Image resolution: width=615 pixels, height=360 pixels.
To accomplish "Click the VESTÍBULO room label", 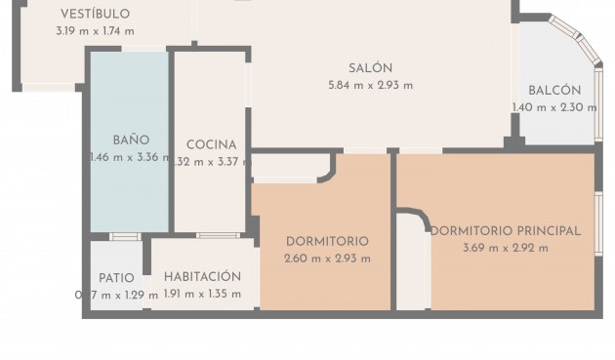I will [x=94, y=14].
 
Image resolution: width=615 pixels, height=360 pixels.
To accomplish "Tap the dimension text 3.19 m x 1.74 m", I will [x=94, y=31].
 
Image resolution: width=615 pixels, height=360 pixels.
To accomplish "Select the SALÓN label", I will [x=370, y=67].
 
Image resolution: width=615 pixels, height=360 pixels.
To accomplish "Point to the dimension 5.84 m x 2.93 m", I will [x=370, y=85].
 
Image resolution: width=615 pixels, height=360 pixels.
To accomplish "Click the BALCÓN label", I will [x=554, y=90].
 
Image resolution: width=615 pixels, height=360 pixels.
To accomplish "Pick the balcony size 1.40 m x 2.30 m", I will [x=554, y=108].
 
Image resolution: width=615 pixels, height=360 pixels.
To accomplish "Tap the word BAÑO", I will [x=130, y=140].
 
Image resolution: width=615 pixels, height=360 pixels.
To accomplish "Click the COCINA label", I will [x=212, y=144].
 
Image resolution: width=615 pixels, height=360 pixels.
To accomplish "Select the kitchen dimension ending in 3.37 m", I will [x=212, y=162].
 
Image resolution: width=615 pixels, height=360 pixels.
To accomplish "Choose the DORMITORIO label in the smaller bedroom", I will [x=327, y=241].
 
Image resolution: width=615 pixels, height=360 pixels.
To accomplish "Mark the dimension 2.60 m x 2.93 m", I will [x=327, y=259].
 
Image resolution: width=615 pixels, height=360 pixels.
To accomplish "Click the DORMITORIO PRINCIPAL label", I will [x=506, y=231].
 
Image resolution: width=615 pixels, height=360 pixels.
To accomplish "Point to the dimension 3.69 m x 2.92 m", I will [x=506, y=248].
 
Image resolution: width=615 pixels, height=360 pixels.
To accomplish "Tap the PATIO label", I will [x=116, y=278].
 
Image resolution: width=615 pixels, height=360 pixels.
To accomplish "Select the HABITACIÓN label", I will [x=202, y=276].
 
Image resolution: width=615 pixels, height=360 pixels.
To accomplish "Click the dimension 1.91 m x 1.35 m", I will [x=202, y=294].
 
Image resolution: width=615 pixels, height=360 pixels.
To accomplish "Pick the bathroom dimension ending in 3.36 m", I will [x=129, y=157].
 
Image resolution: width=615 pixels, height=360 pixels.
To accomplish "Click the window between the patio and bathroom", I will [x=125, y=236].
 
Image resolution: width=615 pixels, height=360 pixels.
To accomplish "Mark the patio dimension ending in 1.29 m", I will [x=116, y=295].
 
